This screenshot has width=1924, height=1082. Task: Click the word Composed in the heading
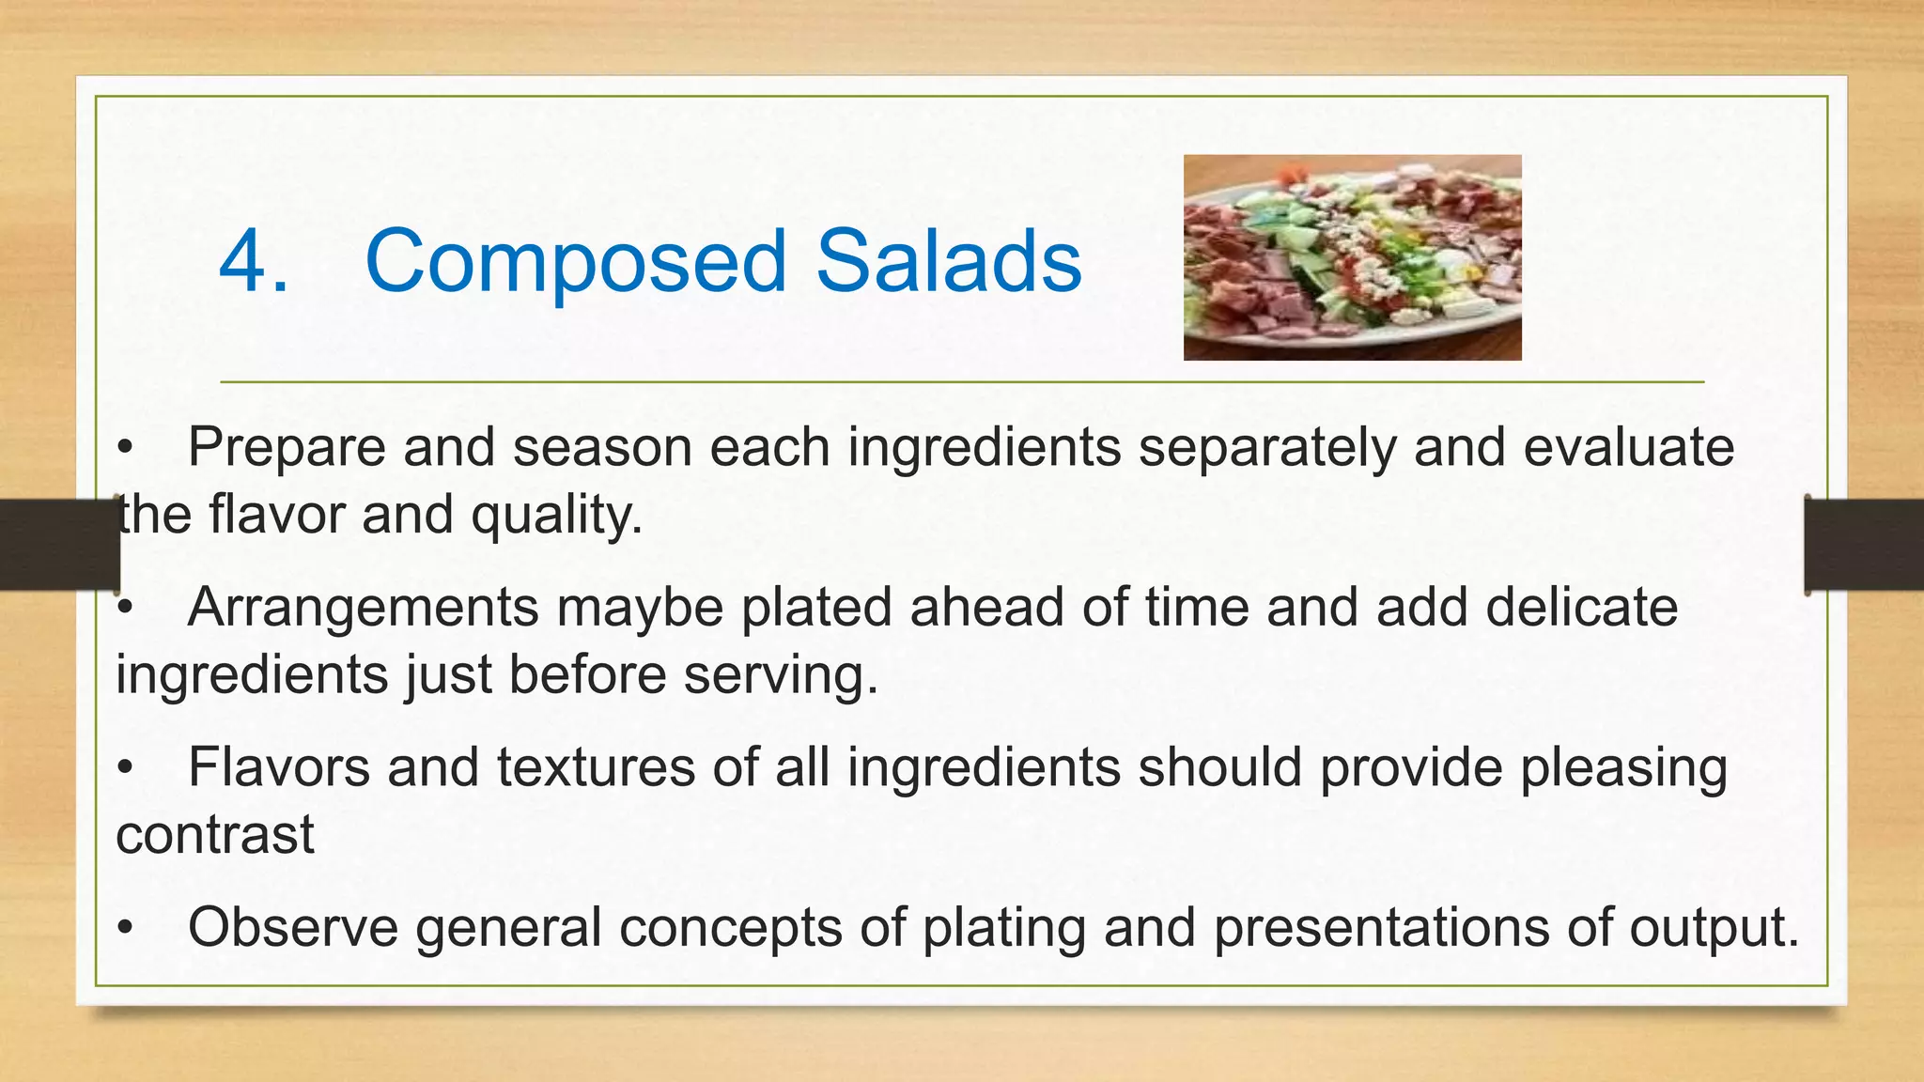coord(575,263)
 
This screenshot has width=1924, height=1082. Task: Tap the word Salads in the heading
coord(949,261)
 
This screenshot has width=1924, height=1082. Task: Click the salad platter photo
coord(1352,257)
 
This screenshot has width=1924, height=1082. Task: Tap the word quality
coord(556,517)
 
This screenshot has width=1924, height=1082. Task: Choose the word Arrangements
coord(363,609)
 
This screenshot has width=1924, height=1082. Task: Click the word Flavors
coord(279,767)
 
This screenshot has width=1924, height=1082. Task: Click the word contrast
coord(215,835)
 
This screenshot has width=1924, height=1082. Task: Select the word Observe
coord(293,928)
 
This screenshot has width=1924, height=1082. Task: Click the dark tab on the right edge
coord(1864,545)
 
